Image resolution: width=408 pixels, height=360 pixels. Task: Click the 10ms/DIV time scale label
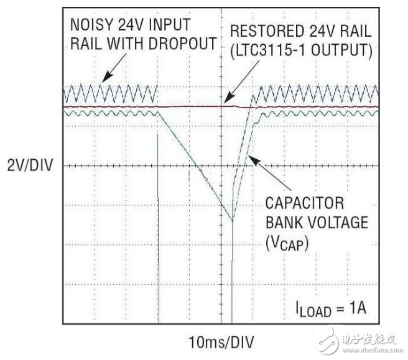point(221,341)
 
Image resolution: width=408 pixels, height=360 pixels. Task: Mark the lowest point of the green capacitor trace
point(233,221)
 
